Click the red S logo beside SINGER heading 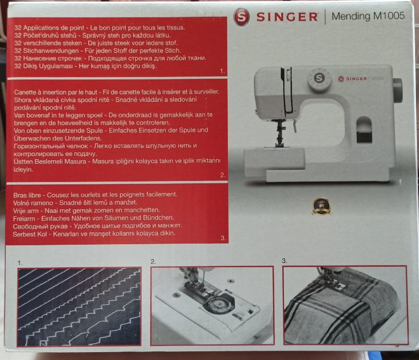tap(241, 17)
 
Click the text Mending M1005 tap(368, 16)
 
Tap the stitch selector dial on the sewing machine tap(319, 79)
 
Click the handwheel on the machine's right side tap(398, 90)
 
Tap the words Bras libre tap(27, 195)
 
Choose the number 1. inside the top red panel tap(222, 71)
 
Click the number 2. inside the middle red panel tap(223, 175)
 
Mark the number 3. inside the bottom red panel tap(223, 238)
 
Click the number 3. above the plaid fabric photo tap(284, 260)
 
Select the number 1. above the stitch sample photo tap(20, 263)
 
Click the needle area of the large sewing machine tap(280, 133)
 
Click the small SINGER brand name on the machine tap(356, 79)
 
